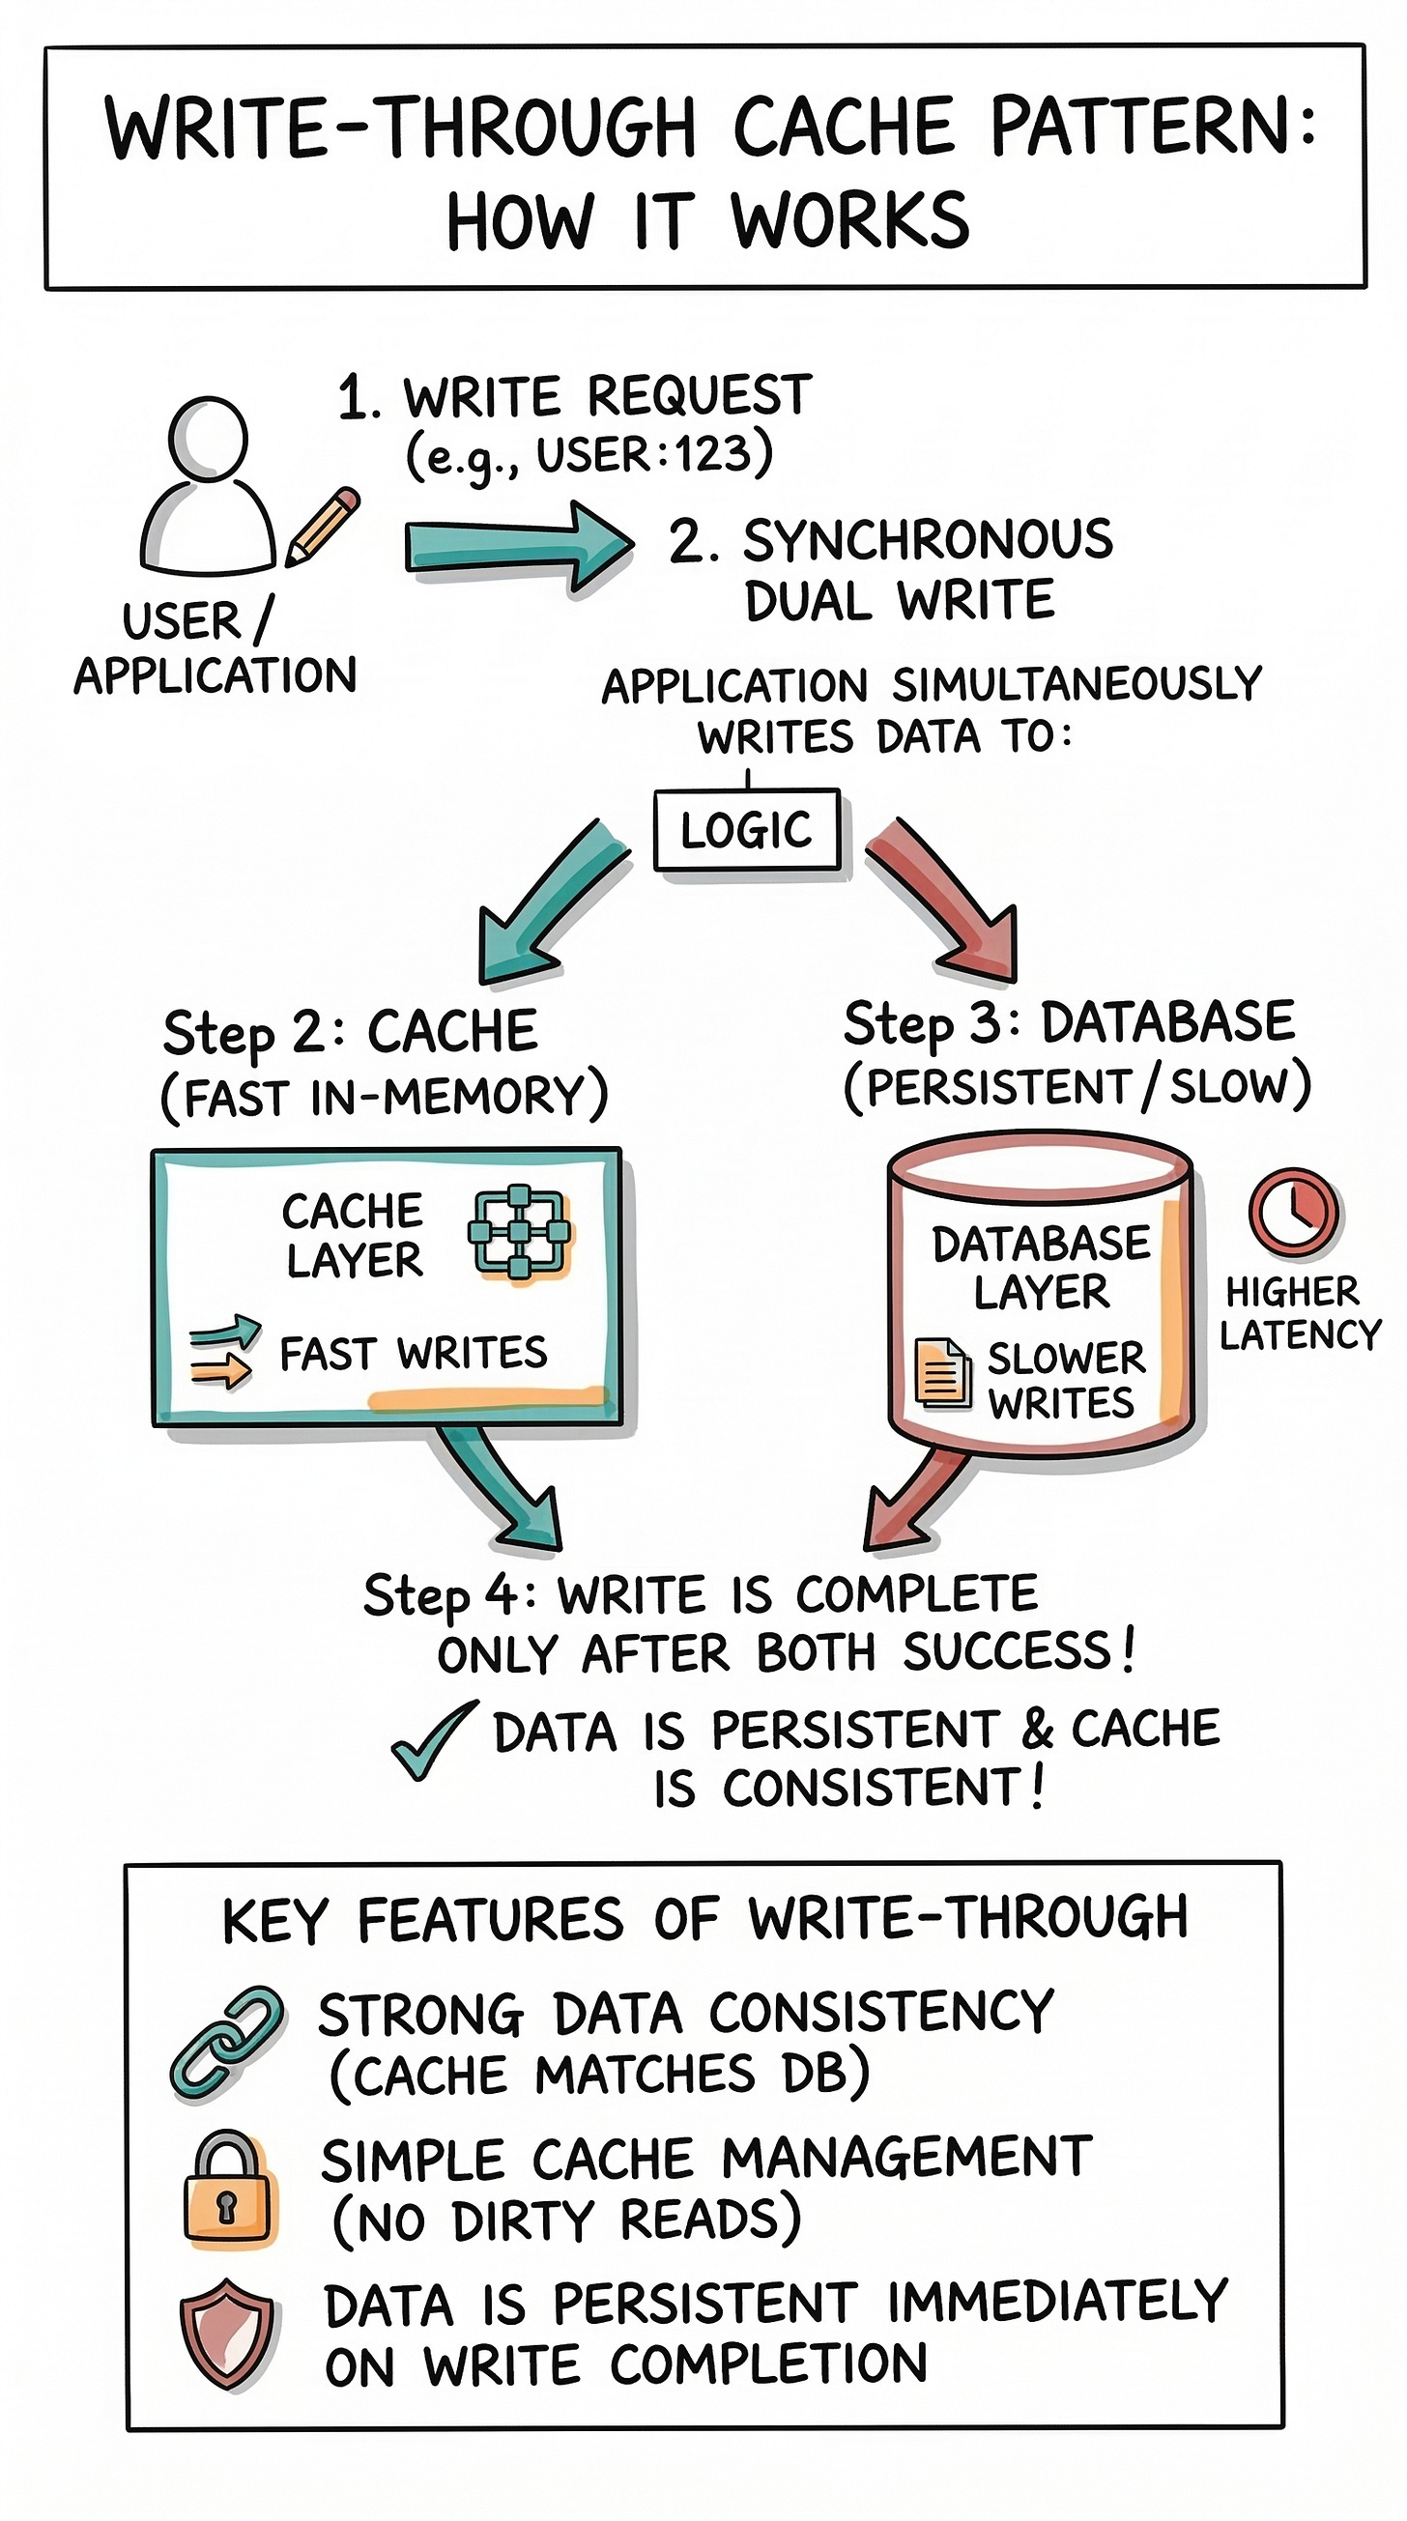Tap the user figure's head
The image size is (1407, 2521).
click(x=209, y=439)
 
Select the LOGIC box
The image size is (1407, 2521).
click(x=747, y=830)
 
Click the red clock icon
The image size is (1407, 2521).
click(x=1294, y=1212)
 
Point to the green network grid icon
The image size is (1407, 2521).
click(x=520, y=1233)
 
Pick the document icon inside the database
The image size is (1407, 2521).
click(x=941, y=1374)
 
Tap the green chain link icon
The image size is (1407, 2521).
click(x=228, y=2044)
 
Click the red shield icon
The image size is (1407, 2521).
click(x=227, y=2335)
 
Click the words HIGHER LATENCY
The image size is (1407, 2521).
click(x=1299, y=1313)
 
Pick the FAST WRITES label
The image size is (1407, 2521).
click(x=413, y=1354)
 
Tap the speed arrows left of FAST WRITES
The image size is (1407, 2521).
click(x=223, y=1354)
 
